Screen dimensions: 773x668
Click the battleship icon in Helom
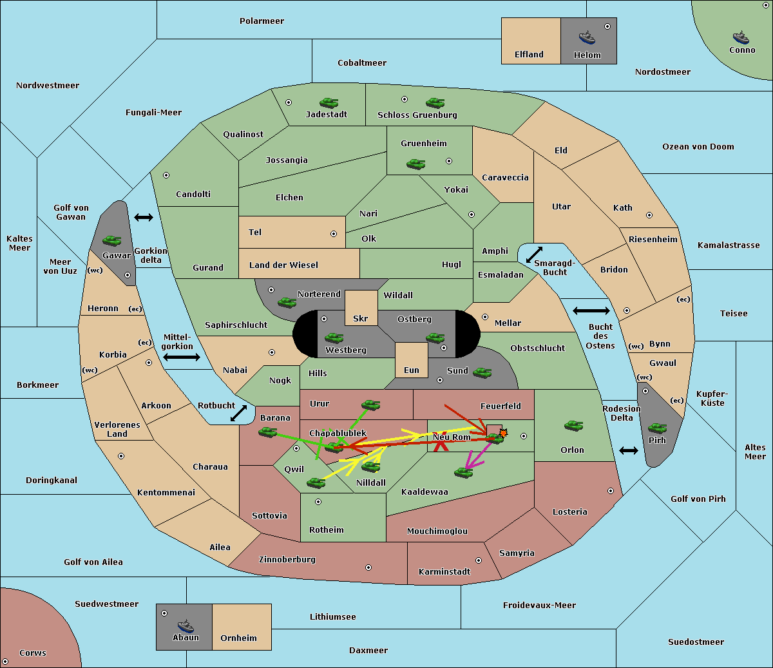click(x=587, y=37)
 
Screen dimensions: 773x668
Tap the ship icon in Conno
click(x=741, y=37)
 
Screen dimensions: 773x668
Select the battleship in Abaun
click(x=186, y=625)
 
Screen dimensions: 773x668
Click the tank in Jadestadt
click(x=329, y=102)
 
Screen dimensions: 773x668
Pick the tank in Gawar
click(x=112, y=240)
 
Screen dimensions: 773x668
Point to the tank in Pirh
click(x=657, y=428)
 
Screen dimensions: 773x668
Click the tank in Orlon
click(x=574, y=426)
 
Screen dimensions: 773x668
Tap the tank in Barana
click(x=268, y=433)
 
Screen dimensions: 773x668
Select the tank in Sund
click(x=482, y=373)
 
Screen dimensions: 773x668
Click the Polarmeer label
click(x=262, y=21)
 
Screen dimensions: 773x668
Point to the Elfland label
click(x=529, y=55)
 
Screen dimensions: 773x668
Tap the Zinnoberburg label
click(x=287, y=560)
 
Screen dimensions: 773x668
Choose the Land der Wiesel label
click(x=283, y=265)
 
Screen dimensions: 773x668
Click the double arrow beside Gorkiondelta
click(x=144, y=217)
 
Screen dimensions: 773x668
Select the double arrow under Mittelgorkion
click(x=182, y=357)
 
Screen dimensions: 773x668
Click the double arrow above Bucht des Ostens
click(x=591, y=310)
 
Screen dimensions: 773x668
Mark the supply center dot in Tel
click(x=334, y=234)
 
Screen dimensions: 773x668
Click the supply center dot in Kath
click(x=649, y=215)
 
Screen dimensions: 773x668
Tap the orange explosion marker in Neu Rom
click(x=503, y=433)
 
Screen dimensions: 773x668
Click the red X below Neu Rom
click(x=441, y=446)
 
